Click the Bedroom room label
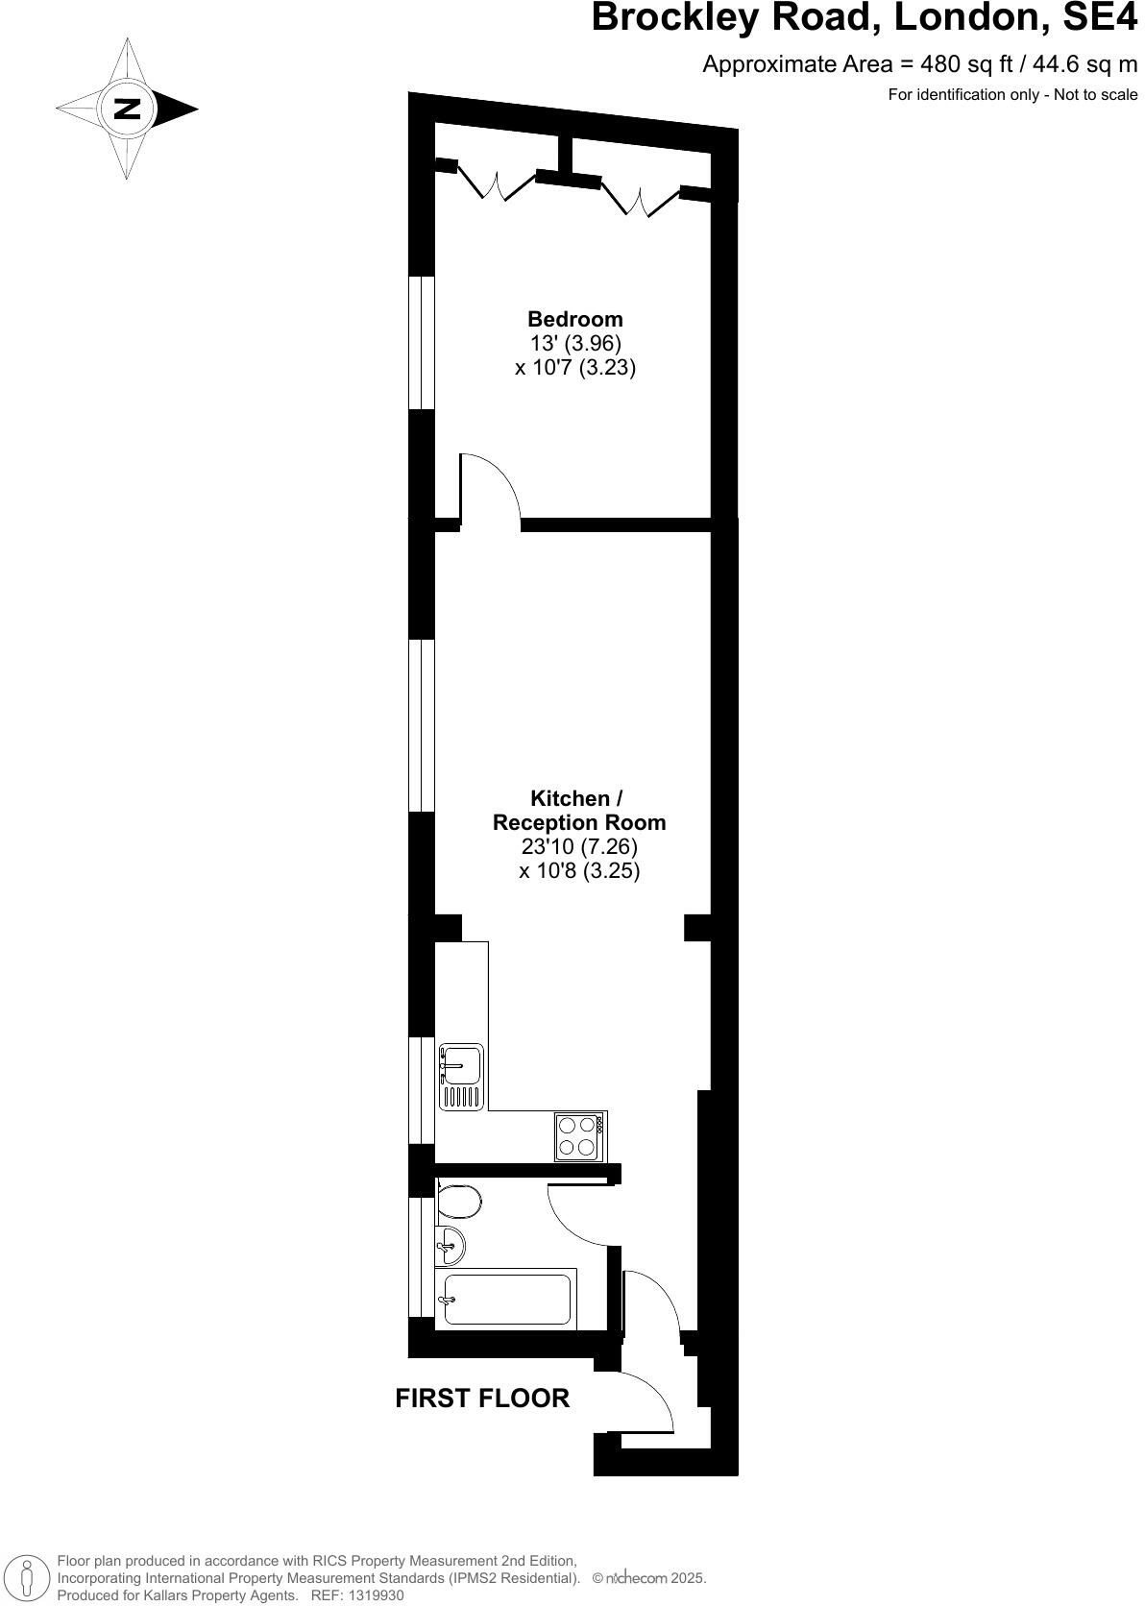[x=574, y=319]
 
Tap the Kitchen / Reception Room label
[x=578, y=811]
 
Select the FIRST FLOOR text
[x=482, y=1399]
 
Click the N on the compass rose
[x=127, y=109]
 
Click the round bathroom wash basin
[x=450, y=1247]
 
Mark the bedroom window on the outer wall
[x=422, y=343]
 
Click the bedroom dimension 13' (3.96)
[x=574, y=343]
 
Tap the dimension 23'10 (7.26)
[x=578, y=847]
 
